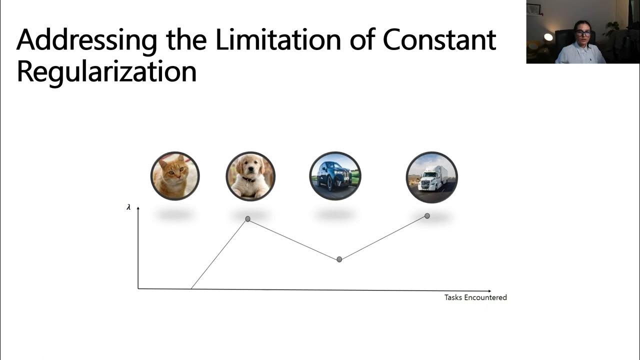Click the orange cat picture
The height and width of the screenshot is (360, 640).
pyautogui.click(x=175, y=176)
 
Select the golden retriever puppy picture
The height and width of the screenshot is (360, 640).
pyautogui.click(x=250, y=176)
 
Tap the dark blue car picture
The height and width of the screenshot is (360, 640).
pyautogui.click(x=335, y=176)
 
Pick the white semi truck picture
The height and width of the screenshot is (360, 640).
pyautogui.click(x=431, y=177)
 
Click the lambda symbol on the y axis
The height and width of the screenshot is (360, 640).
pyautogui.click(x=128, y=207)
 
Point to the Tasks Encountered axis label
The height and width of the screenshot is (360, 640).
pyautogui.click(x=475, y=297)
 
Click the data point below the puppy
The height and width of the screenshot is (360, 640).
pyautogui.click(x=247, y=219)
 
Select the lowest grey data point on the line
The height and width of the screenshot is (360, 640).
pyautogui.click(x=339, y=259)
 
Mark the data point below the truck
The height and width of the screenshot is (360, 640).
pyautogui.click(x=427, y=216)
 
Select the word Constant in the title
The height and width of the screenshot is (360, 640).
pyautogui.click(x=439, y=40)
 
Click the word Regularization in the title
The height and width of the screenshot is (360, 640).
pyautogui.click(x=106, y=71)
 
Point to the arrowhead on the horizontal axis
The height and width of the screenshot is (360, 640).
pyautogui.click(x=489, y=290)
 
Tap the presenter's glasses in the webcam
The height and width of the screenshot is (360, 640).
pyautogui.click(x=583, y=33)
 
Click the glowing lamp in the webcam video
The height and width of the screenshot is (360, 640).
pyautogui.click(x=548, y=37)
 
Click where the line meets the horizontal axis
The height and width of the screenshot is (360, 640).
pyautogui.click(x=191, y=288)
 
